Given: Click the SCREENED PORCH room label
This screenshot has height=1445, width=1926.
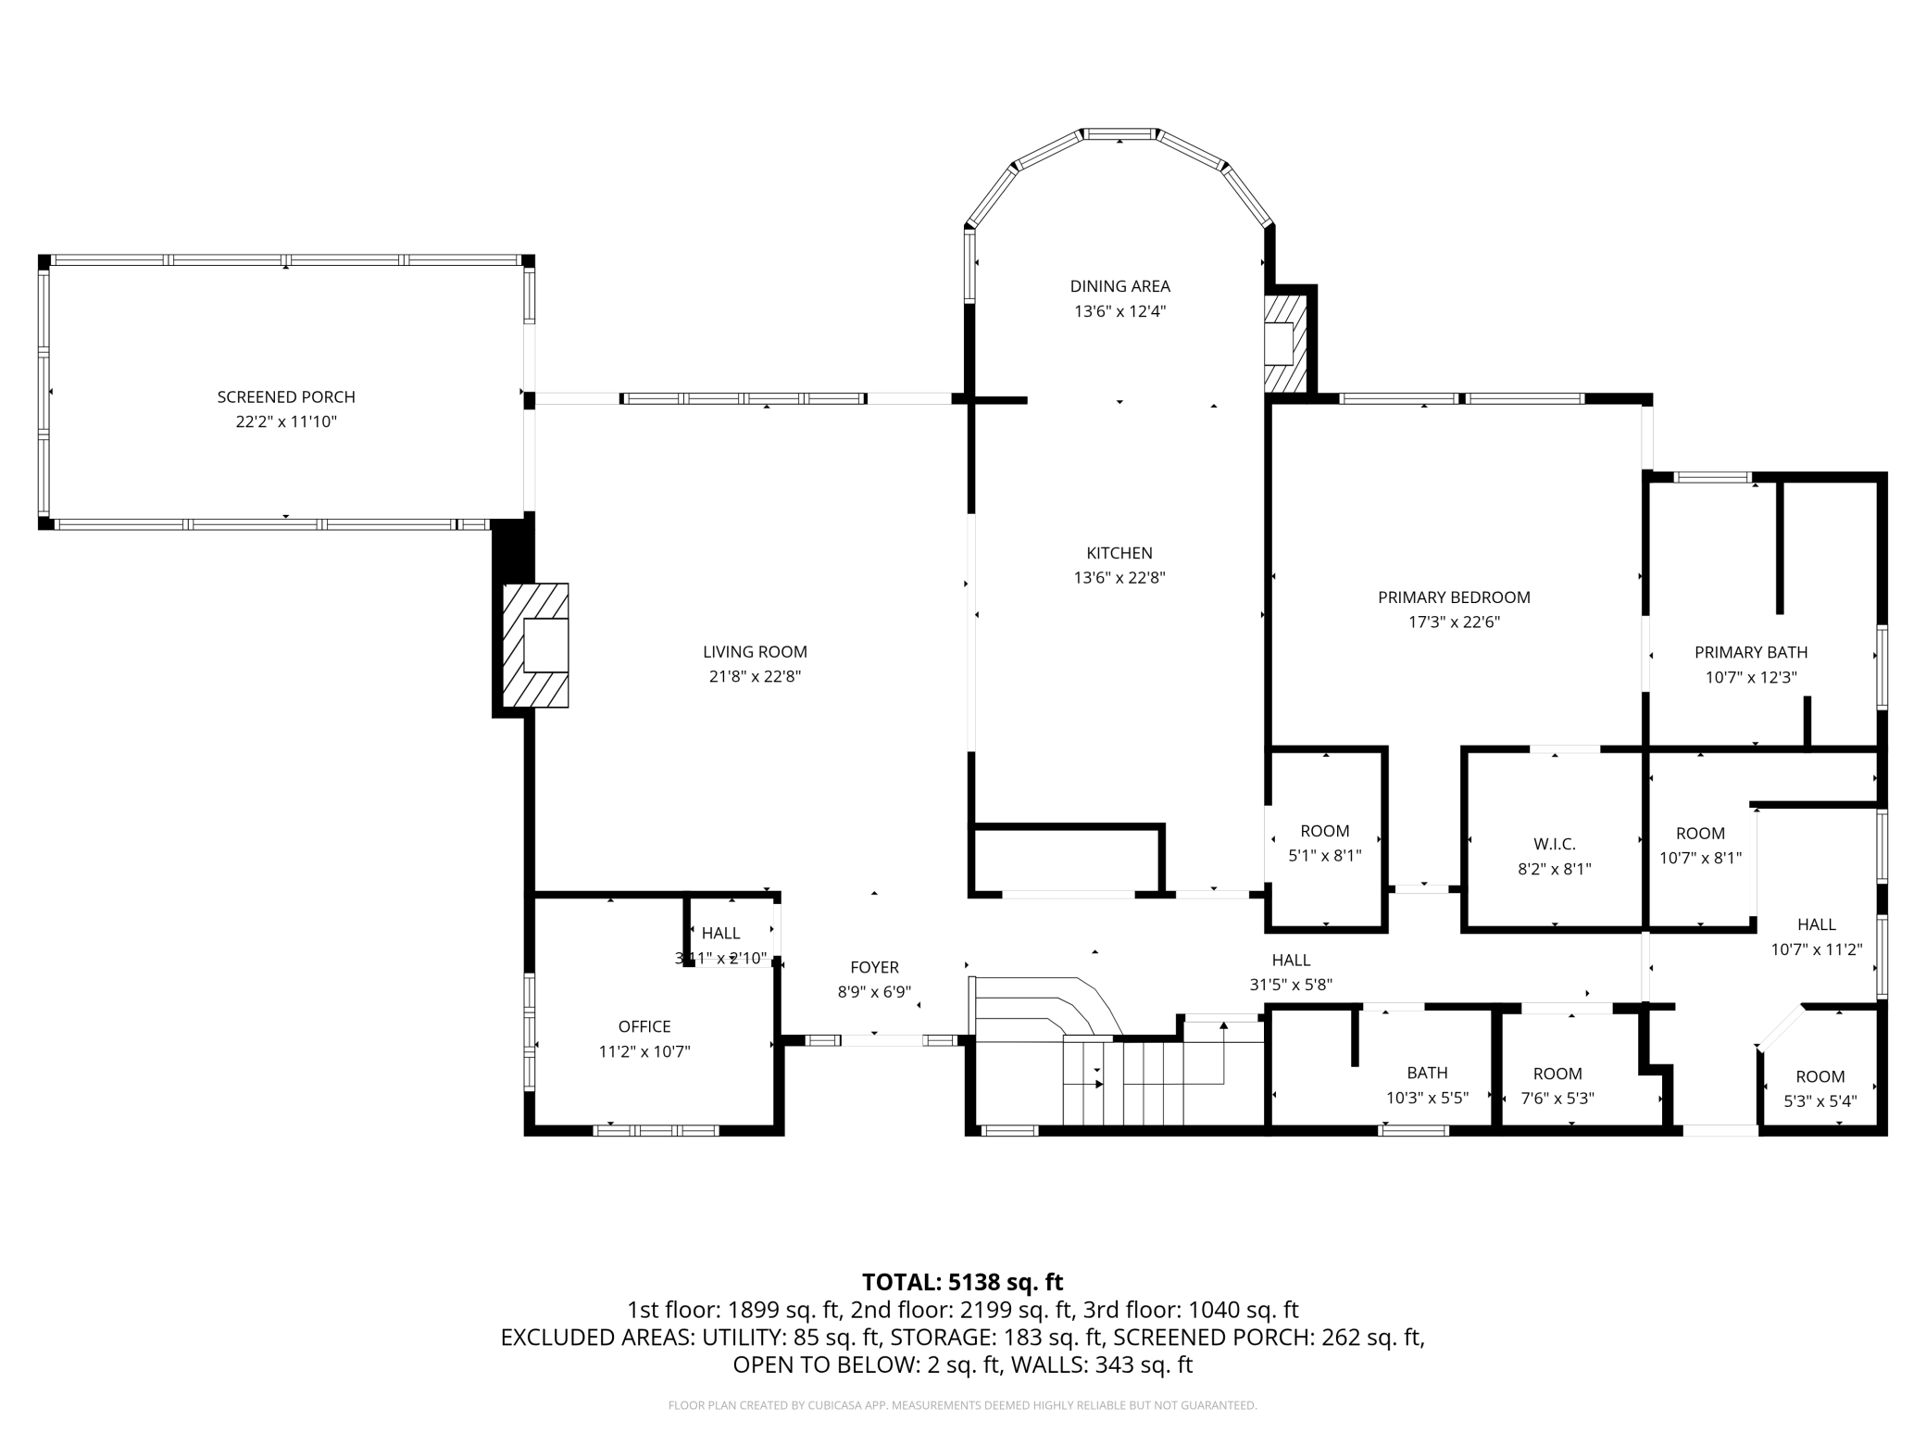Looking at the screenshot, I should click(x=286, y=396).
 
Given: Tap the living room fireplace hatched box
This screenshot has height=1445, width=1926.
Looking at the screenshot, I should click(x=535, y=645).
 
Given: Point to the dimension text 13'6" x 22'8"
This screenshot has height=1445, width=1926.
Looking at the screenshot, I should click(x=1119, y=578).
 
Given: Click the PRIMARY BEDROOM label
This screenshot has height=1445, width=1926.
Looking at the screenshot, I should click(x=1454, y=597).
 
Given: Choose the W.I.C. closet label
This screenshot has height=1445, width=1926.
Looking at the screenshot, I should click(x=1554, y=844).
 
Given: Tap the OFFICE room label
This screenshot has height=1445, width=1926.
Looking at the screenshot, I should click(x=644, y=1026).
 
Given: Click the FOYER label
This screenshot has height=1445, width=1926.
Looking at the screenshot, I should click(x=874, y=967).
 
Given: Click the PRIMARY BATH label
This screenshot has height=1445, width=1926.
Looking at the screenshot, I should click(x=1751, y=652).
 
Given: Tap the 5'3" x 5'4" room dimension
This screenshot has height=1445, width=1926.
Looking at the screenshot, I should click(x=1820, y=1101).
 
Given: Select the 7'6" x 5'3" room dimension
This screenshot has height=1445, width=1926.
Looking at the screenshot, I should click(x=1557, y=1099).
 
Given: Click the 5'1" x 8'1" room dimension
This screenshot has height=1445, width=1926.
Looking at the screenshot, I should click(x=1325, y=856).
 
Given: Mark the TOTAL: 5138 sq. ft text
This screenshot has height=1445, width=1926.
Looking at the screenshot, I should click(x=962, y=1282).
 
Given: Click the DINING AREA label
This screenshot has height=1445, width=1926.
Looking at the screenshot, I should click(x=1119, y=286).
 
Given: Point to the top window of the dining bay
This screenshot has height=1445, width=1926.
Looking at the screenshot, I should click(x=1119, y=134).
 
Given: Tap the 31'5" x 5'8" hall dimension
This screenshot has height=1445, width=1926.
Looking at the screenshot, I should click(x=1291, y=985).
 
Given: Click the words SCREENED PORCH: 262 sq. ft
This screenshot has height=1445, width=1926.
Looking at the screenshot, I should click(x=1269, y=1337).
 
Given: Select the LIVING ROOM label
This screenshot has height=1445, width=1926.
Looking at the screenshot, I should click(x=755, y=652).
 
